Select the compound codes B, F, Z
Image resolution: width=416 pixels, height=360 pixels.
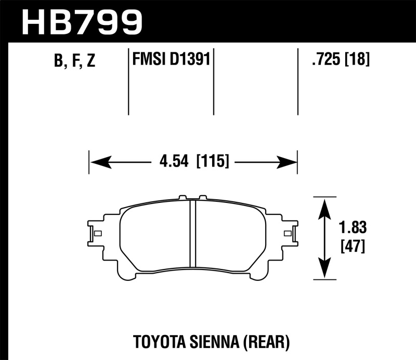74,61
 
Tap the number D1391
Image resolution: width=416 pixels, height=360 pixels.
192,59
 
